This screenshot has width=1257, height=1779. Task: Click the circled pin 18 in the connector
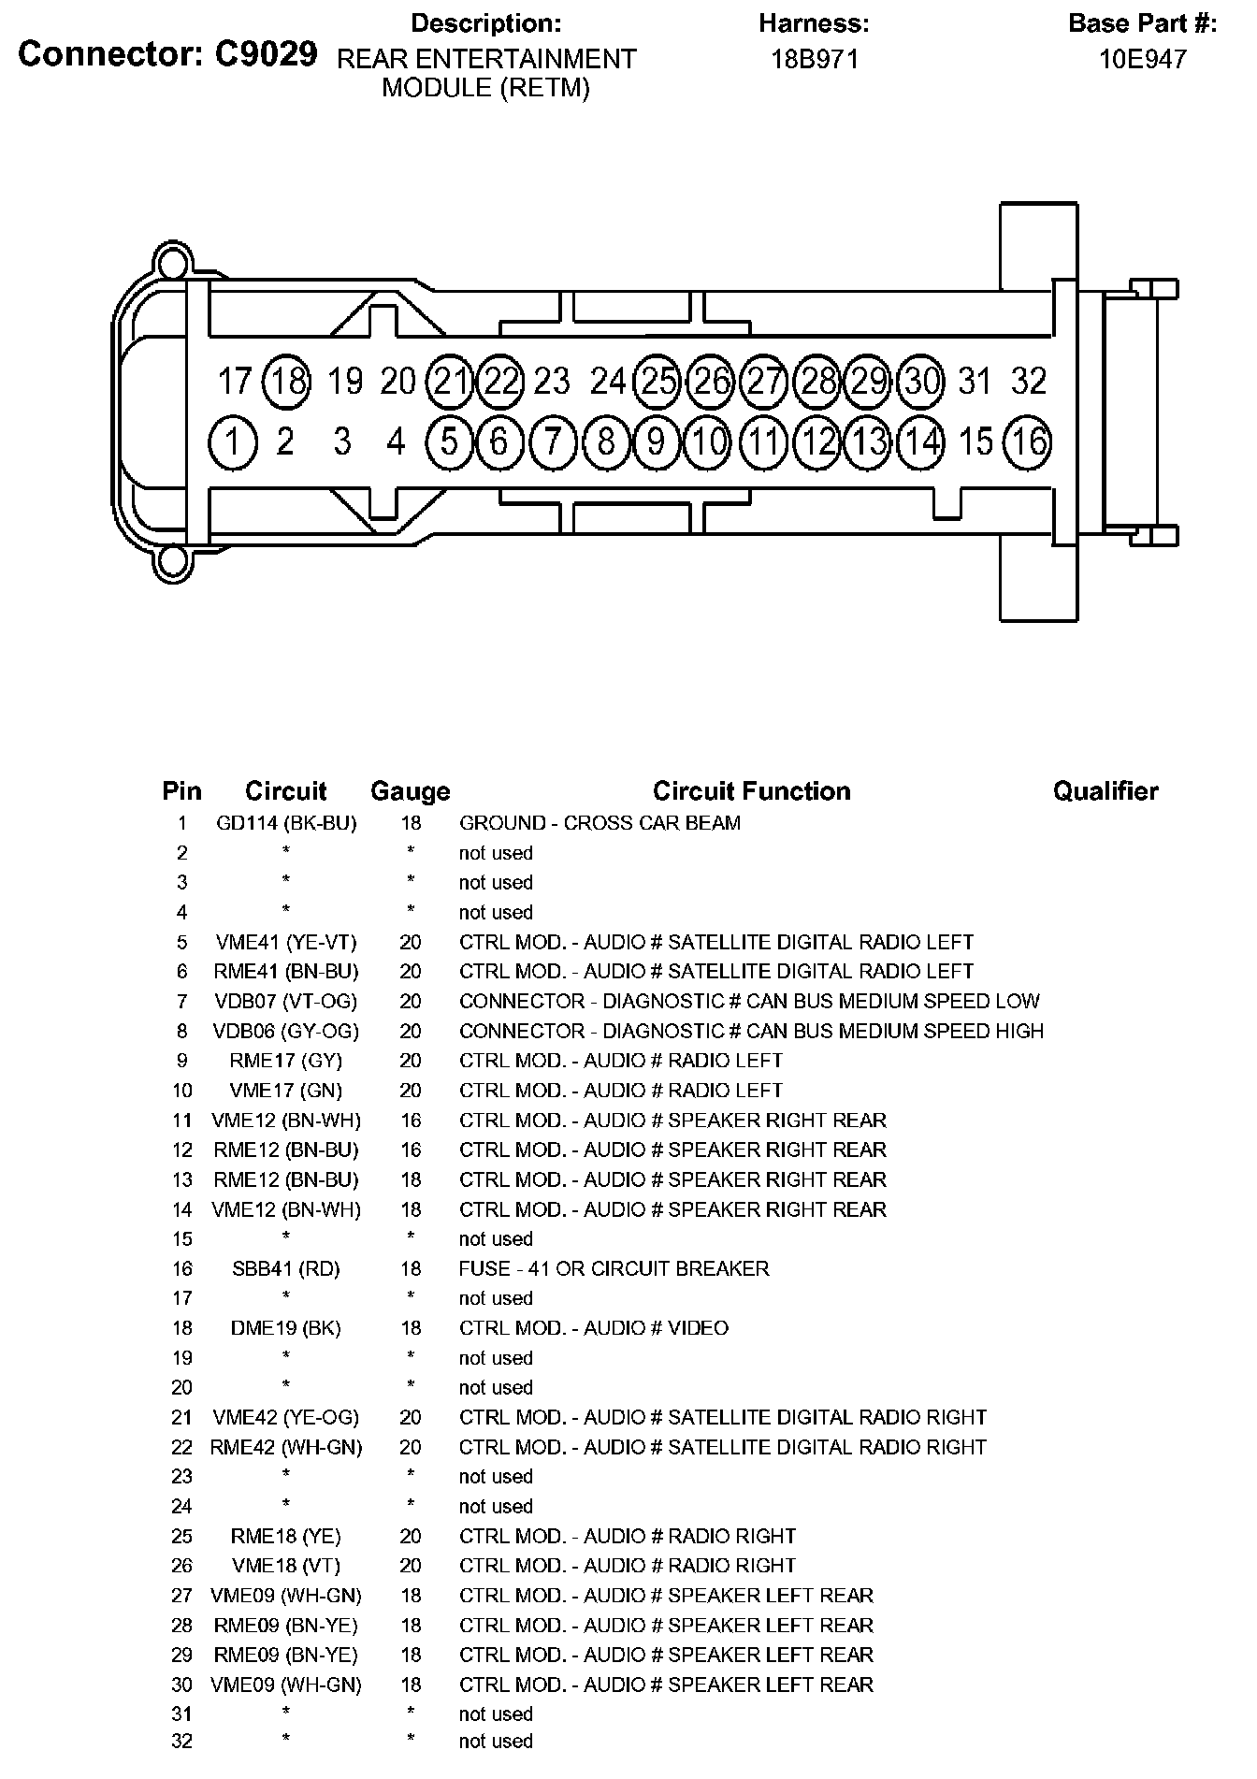click(287, 382)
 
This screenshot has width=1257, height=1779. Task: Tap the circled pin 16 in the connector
click(1028, 441)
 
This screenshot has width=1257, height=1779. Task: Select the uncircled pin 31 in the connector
click(975, 382)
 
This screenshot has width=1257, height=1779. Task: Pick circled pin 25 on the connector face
click(658, 382)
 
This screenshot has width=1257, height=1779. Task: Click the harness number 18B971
click(814, 60)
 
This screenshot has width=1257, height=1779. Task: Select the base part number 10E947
click(1142, 60)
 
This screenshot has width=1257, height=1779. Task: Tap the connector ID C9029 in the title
click(266, 55)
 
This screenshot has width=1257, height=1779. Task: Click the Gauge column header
click(410, 791)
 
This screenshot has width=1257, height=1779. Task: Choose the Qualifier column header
click(1105, 791)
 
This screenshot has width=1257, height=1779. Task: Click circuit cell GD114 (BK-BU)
click(286, 823)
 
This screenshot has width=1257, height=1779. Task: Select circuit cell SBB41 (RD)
click(286, 1269)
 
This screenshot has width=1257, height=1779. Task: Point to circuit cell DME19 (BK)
click(286, 1328)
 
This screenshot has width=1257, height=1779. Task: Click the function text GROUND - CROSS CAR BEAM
click(600, 823)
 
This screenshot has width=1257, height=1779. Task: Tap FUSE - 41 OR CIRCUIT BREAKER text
click(614, 1269)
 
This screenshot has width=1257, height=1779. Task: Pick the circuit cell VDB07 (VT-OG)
click(286, 1002)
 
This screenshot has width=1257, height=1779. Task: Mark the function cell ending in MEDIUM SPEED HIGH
click(751, 1031)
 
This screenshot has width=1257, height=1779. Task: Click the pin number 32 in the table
click(181, 1742)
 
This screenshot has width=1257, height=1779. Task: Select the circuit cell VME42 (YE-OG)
click(286, 1418)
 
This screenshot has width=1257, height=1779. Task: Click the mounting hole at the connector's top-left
click(172, 259)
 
